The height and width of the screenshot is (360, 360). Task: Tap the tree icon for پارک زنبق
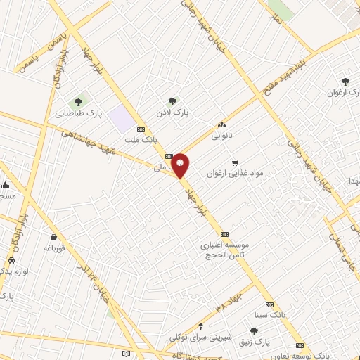click(x=255, y=330)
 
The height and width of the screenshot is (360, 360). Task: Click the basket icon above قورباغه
click(x=53, y=237)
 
